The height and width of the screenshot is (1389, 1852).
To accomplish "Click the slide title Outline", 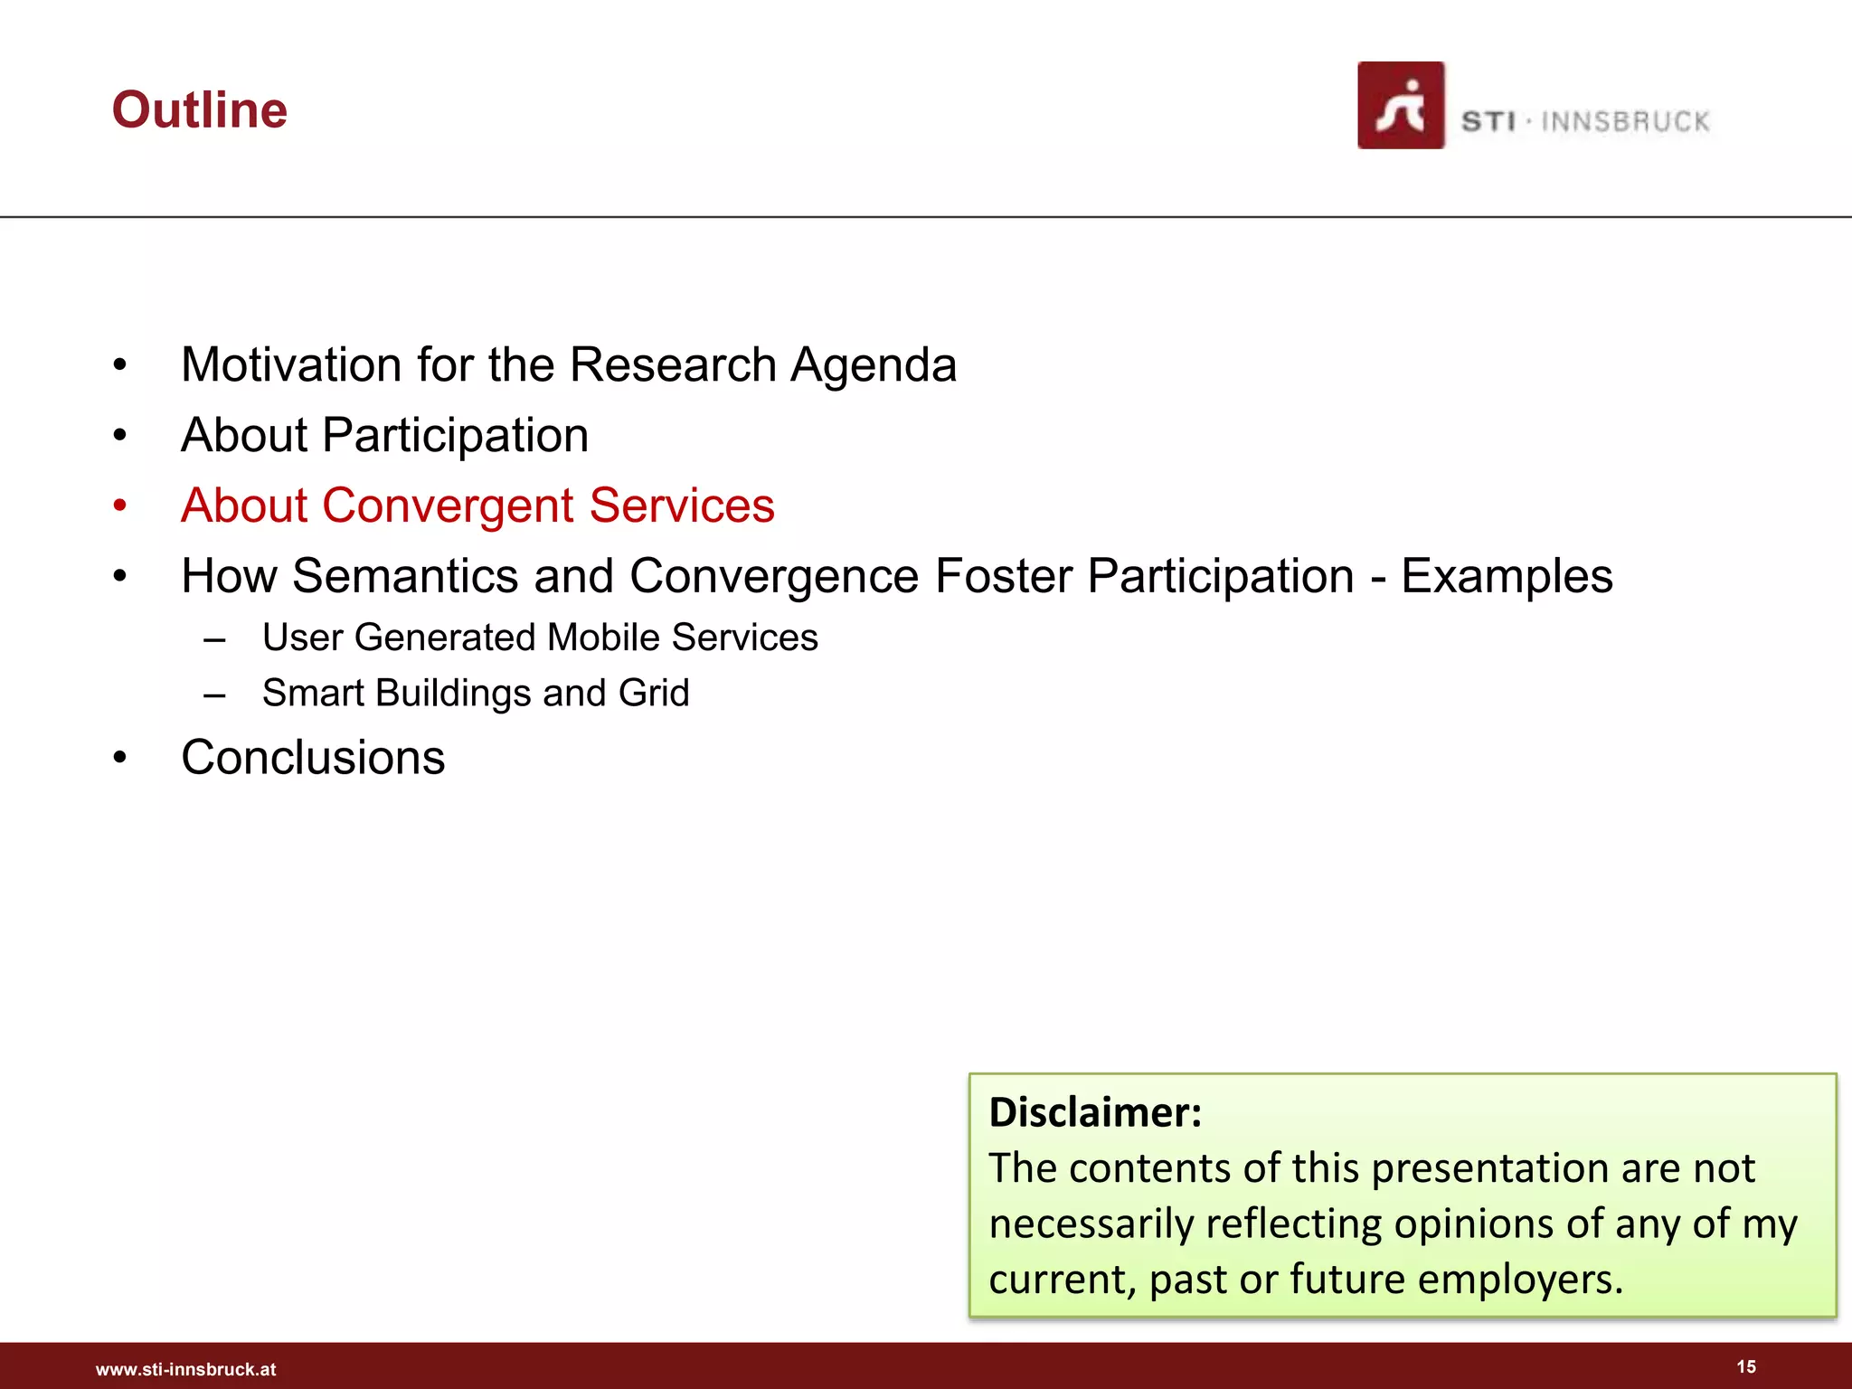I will (x=199, y=110).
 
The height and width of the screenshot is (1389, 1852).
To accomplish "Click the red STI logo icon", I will (x=1400, y=106).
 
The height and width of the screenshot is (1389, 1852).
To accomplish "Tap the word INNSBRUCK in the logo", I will (x=1625, y=121).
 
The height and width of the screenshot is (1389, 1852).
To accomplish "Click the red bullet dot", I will (x=120, y=506).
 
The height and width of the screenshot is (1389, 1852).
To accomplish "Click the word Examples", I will (x=1507, y=577).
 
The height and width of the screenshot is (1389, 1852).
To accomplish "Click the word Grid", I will (x=653, y=694).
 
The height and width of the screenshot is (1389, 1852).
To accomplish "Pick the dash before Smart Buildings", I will (x=214, y=695).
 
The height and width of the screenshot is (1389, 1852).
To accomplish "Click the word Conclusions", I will (x=313, y=758).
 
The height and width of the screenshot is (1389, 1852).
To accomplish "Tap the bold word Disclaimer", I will (x=1094, y=1112).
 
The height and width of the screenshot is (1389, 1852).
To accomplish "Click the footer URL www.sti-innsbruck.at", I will (x=185, y=1369).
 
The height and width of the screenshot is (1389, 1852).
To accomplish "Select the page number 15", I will (x=1746, y=1366).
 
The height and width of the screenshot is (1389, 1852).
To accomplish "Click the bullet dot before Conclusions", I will (x=120, y=758).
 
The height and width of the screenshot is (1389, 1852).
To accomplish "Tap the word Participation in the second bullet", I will (x=455, y=436).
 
